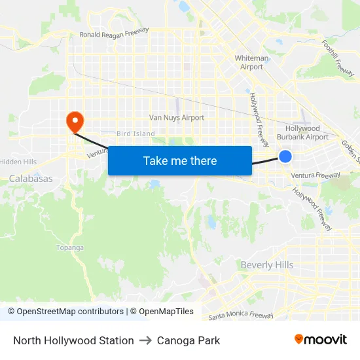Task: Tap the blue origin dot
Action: (285, 156)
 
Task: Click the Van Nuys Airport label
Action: (177, 118)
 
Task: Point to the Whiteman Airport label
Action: (251, 62)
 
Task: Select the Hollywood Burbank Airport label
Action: (302, 133)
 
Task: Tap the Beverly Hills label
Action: (267, 265)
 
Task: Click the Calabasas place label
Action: (31, 178)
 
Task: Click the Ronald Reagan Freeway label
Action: (114, 33)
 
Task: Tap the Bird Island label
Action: (135, 134)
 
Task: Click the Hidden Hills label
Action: (18, 162)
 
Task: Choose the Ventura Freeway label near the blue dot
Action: (315, 175)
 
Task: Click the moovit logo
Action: (321, 340)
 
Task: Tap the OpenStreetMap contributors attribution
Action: (69, 312)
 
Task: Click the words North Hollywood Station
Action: (73, 340)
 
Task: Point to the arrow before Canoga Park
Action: (145, 340)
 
